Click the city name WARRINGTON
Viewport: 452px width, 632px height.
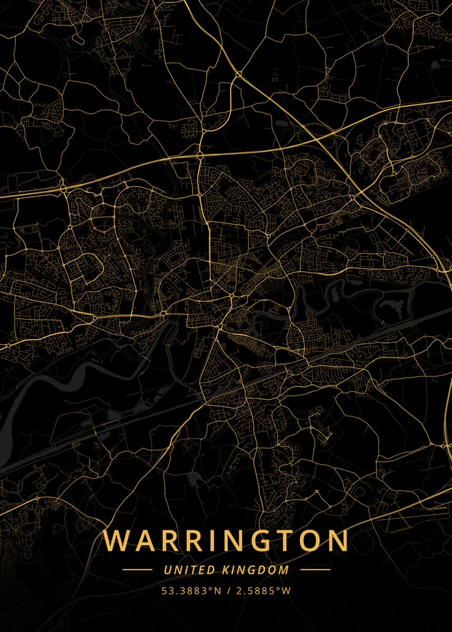(x=226, y=541)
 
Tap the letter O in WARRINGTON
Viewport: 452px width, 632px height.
(x=310, y=541)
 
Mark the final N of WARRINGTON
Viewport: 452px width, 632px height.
(x=338, y=541)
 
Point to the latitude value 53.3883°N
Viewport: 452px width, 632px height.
(x=191, y=591)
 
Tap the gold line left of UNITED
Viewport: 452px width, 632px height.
(x=137, y=570)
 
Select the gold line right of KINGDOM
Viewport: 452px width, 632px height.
(x=315, y=570)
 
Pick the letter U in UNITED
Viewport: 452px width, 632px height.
(x=167, y=570)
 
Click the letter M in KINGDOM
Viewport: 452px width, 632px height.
(x=284, y=570)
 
